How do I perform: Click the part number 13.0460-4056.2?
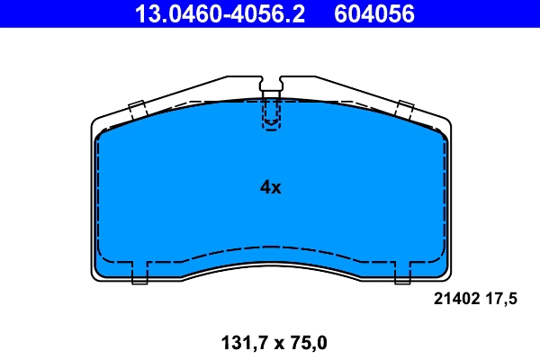pos(220,13)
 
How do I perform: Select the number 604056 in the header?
pos(374,13)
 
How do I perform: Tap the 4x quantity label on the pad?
pos(270,187)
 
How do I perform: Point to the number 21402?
pos(456,299)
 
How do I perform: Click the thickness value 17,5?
pos(501,299)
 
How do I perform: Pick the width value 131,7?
pos(245,343)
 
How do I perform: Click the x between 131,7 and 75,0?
pos(279,344)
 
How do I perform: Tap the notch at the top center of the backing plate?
pos(271,84)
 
